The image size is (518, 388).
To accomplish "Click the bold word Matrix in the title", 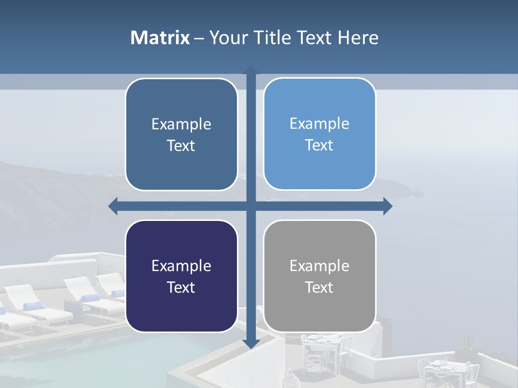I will [160, 38].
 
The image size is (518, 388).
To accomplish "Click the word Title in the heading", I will [272, 38].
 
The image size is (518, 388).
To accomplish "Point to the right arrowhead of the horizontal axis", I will [387, 206].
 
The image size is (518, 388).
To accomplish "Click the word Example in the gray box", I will [319, 266].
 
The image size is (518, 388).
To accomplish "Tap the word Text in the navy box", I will [181, 287].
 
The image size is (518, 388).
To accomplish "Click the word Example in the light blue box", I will [319, 123].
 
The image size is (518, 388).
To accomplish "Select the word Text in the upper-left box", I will [181, 145].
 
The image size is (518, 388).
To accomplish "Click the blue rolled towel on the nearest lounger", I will [33, 306].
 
